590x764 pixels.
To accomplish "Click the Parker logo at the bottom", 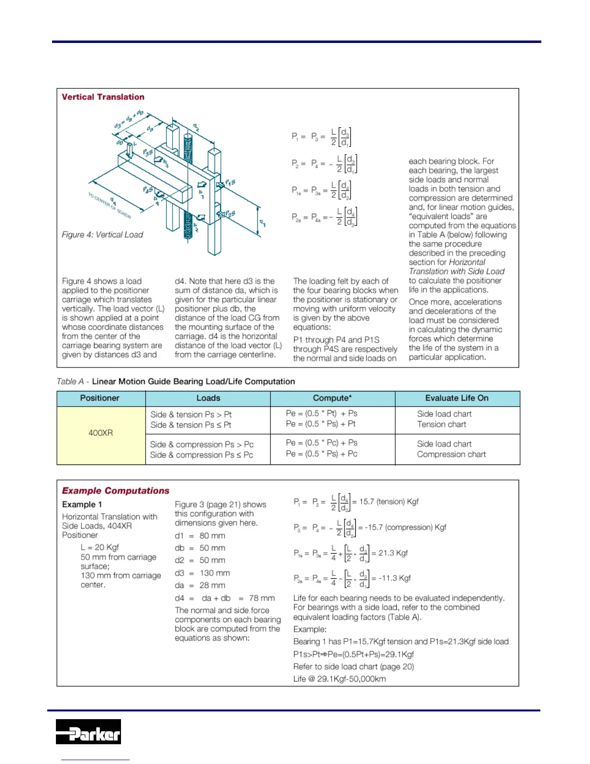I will coord(88,731).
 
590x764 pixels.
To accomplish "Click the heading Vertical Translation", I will coord(103,97).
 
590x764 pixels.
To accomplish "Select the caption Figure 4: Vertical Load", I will coord(102,235).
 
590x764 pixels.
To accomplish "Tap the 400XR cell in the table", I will coord(101,433).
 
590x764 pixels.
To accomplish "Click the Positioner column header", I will coord(100,398).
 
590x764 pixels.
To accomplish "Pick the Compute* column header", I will coord(332,398).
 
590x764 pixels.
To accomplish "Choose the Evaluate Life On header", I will coord(456,398).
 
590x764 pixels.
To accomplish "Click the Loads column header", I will coord(208,398).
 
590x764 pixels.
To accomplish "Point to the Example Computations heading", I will coord(116,491).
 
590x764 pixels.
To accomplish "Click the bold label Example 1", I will coord(82,505).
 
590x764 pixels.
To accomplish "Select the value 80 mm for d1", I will coord(212,536).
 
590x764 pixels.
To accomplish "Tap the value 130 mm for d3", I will coord(215,573).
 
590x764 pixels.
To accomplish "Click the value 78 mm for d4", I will coord(262,598).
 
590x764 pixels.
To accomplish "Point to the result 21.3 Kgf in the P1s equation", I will coord(393,553).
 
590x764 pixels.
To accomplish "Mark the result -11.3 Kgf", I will coord(394,578).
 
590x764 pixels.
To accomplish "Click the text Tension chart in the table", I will coord(442,424).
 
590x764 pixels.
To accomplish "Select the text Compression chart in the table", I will coord(451,454).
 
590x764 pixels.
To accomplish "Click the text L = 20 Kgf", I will coord(100,547).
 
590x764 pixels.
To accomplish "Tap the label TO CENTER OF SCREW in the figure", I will coord(109,205).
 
